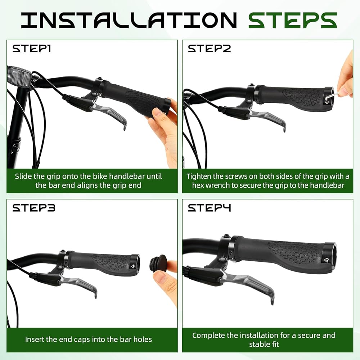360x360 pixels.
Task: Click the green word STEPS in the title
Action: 292,20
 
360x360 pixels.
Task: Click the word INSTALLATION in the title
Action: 129,20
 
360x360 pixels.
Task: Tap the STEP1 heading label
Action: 31,49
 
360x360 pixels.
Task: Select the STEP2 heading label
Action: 209,49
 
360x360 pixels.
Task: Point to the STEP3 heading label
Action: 34,208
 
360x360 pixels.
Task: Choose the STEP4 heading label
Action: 209,208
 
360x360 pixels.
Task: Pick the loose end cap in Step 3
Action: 158,263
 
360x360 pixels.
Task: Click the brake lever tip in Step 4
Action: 272,301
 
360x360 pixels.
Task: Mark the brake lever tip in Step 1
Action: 125,127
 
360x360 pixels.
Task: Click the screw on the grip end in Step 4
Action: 326,260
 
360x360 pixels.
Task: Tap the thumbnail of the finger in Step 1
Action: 158,113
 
